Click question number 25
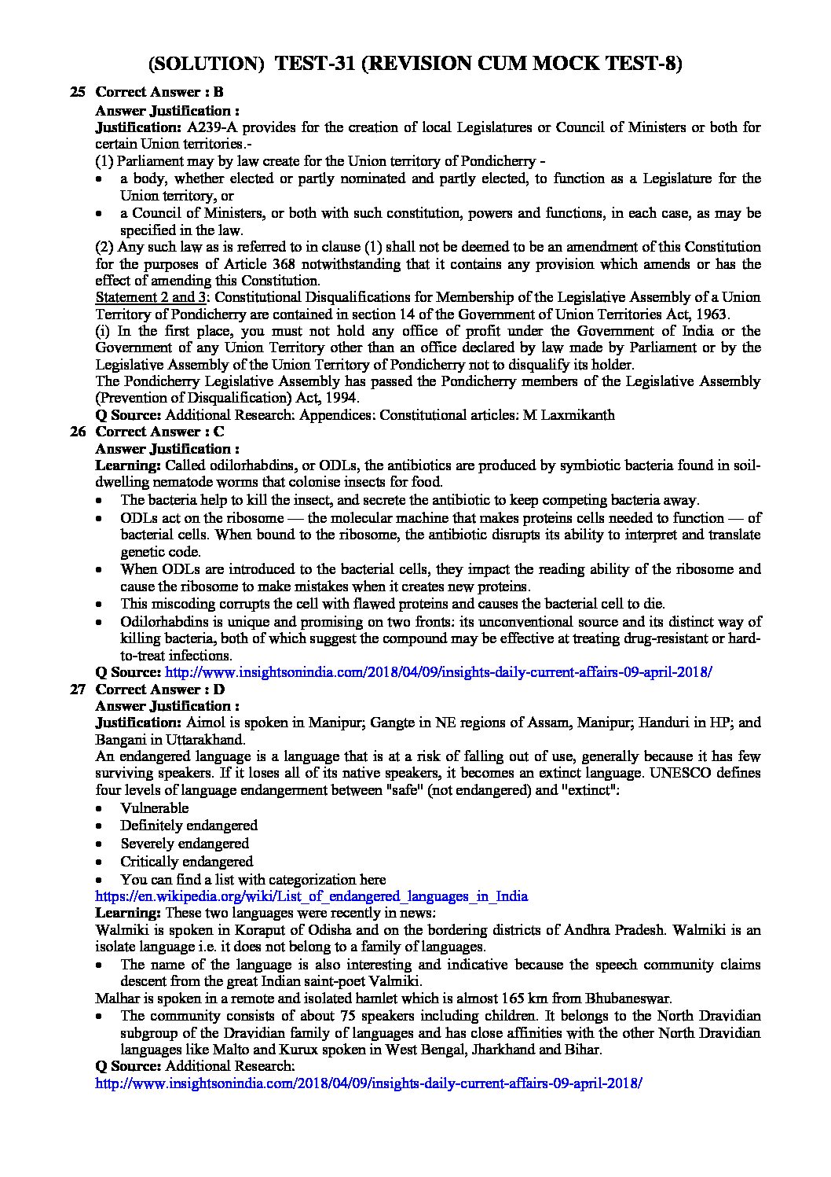[x=77, y=92]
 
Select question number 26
[x=77, y=432]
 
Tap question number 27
[x=77, y=690]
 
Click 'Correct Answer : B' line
[x=159, y=92]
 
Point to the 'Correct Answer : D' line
[x=159, y=690]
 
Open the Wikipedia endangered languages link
[x=311, y=896]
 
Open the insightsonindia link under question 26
[x=439, y=672]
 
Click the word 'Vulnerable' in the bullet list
[x=155, y=808]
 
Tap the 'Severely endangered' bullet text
[x=185, y=844]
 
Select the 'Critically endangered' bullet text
[x=187, y=862]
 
